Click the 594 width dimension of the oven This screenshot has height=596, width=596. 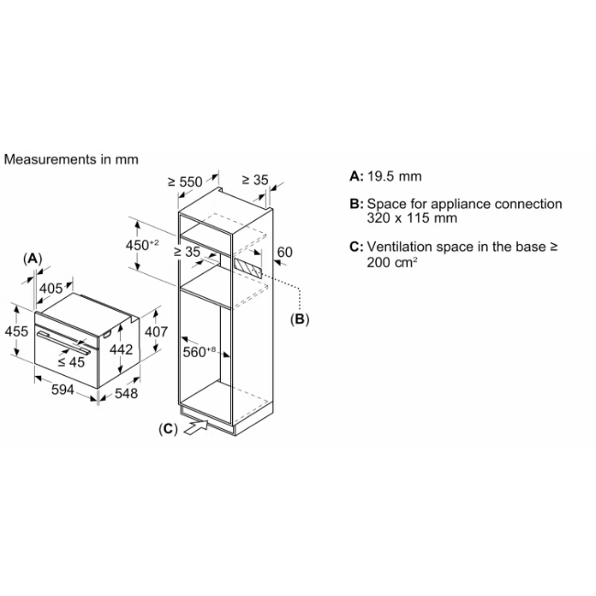click(x=62, y=390)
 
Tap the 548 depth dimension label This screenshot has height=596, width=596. click(x=127, y=393)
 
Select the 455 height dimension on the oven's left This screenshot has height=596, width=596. click(x=17, y=331)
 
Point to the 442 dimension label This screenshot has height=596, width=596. click(x=121, y=349)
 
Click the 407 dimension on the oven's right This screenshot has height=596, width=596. click(x=156, y=332)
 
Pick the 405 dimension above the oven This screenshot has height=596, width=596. click(x=51, y=289)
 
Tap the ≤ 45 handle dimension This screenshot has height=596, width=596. click(x=72, y=362)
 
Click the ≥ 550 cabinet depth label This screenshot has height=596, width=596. click(x=185, y=182)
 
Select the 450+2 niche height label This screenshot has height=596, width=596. click(x=142, y=245)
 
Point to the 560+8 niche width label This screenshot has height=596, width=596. click(x=199, y=352)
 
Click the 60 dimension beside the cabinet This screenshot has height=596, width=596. click(x=284, y=252)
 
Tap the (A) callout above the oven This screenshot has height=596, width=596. click(x=33, y=259)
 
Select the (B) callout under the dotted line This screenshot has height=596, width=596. click(x=300, y=319)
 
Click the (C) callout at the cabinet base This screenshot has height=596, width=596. click(x=168, y=429)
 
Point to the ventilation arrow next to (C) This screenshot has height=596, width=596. click(x=196, y=427)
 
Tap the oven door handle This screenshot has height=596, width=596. click(x=63, y=342)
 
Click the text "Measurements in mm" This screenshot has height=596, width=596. click(x=72, y=160)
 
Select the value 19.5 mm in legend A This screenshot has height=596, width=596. click(x=394, y=176)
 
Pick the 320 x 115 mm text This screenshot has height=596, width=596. click(x=412, y=218)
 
